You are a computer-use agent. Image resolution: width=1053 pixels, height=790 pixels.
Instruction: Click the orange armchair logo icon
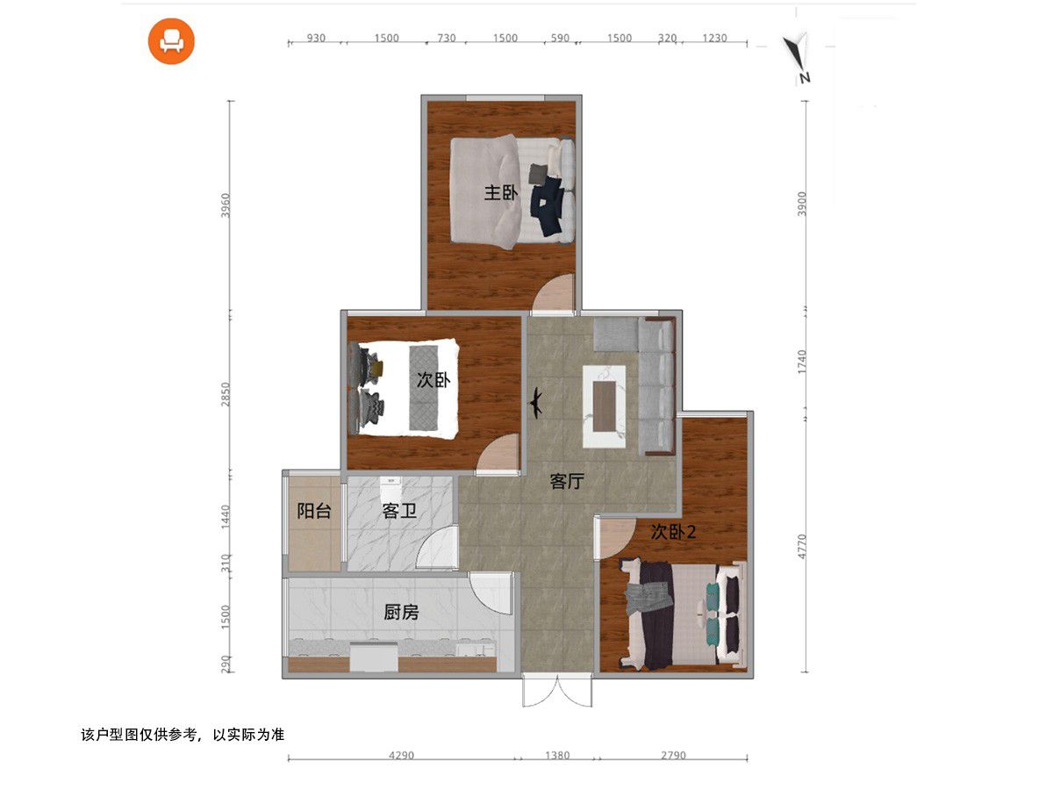pyautogui.click(x=171, y=40)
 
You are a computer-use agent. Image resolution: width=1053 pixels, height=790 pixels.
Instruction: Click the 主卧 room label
pyautogui.click(x=500, y=193)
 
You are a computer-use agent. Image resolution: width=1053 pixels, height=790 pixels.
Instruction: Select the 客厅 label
pyautogui.click(x=567, y=481)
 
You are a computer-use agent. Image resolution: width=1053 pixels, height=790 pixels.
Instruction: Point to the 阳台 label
pyautogui.click(x=314, y=511)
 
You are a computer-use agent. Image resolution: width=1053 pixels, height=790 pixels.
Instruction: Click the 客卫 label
pyautogui.click(x=399, y=511)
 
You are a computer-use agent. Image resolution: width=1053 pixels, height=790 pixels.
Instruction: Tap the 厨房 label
pyautogui.click(x=401, y=612)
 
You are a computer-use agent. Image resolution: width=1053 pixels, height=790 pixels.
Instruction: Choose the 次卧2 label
pyautogui.click(x=673, y=531)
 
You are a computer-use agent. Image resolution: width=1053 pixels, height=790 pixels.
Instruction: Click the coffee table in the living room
pyautogui.click(x=604, y=406)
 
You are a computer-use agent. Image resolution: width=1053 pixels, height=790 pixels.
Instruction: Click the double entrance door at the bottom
pyautogui.click(x=557, y=690)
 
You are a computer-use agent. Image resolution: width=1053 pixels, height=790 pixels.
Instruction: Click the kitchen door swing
pyautogui.click(x=491, y=594)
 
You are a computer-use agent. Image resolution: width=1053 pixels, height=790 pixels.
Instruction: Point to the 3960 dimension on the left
pyautogui.click(x=226, y=205)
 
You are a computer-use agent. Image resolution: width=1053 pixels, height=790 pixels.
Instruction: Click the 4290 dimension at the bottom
pyautogui.click(x=401, y=756)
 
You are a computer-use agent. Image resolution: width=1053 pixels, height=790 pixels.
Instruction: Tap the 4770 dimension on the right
pyautogui.click(x=802, y=546)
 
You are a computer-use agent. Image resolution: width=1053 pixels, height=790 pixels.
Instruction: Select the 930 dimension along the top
pyautogui.click(x=316, y=38)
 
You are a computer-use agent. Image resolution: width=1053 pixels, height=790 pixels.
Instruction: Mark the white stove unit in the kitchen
pyautogui.click(x=374, y=657)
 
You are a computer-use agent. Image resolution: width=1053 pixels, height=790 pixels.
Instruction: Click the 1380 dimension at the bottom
pyautogui.click(x=557, y=756)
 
